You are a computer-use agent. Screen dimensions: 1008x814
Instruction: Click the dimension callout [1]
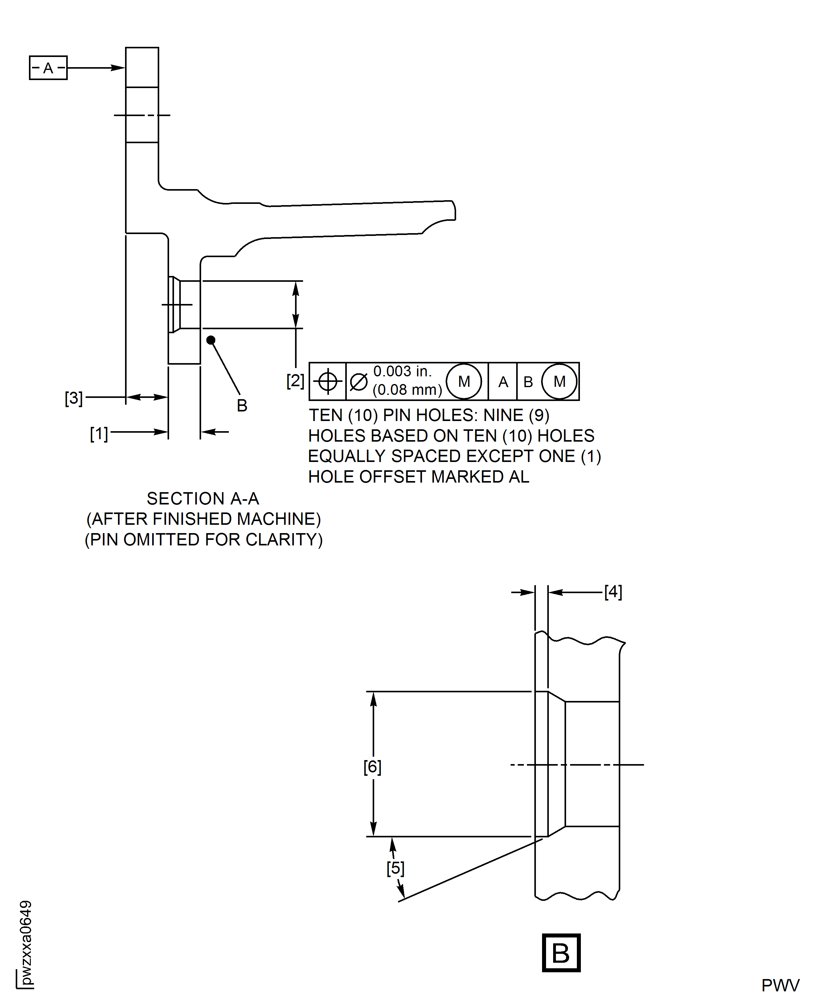(x=99, y=434)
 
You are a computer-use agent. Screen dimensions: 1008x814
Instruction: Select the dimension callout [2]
(x=295, y=381)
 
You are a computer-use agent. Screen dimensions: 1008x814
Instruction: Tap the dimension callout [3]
(x=74, y=398)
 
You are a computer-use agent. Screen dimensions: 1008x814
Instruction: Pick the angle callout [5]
(x=395, y=868)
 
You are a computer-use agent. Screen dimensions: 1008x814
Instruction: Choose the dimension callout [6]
(x=372, y=767)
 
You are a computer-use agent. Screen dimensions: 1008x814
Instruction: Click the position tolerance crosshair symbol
(x=328, y=381)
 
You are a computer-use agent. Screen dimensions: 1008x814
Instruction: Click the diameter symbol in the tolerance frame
(x=359, y=382)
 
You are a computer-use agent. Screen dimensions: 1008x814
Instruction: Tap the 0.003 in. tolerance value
(x=402, y=371)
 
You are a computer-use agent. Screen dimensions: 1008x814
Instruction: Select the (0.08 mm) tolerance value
(x=407, y=390)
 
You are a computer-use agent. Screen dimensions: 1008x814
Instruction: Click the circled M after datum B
(x=559, y=382)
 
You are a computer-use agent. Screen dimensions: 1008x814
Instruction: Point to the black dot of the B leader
(x=211, y=340)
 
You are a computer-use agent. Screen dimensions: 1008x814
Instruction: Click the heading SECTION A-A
(x=203, y=498)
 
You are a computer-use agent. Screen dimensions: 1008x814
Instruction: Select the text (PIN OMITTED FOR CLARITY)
(x=204, y=540)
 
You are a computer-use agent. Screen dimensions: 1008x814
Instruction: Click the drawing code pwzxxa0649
(x=26, y=943)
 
